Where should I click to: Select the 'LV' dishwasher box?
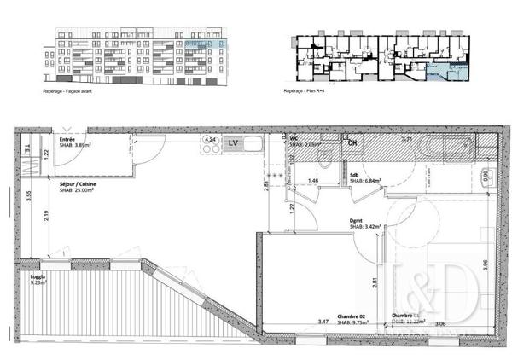click(230, 143)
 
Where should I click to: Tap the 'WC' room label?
click(293, 137)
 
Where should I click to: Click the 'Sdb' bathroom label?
click(354, 175)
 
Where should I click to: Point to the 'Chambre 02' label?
click(352, 316)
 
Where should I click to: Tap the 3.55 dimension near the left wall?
click(29, 195)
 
